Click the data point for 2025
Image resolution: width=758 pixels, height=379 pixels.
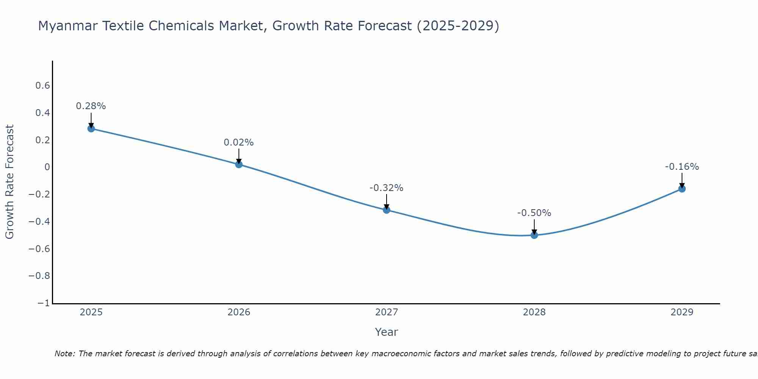click(x=91, y=128)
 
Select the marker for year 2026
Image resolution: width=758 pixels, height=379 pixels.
click(x=239, y=164)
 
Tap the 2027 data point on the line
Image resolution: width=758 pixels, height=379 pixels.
click(x=387, y=210)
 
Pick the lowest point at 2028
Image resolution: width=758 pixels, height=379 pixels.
click(x=534, y=235)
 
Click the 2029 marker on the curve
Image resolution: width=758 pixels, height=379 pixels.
click(x=682, y=189)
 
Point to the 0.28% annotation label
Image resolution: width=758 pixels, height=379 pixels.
click(x=91, y=106)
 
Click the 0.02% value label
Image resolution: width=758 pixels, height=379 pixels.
click(x=239, y=143)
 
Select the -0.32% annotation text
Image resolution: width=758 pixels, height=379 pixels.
click(x=387, y=188)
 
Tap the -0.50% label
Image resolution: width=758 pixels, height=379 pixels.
click(x=534, y=213)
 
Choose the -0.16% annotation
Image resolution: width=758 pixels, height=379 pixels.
click(x=682, y=167)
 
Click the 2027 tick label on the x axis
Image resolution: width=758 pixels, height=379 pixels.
click(x=387, y=312)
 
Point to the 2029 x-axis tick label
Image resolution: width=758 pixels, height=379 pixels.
click(x=682, y=312)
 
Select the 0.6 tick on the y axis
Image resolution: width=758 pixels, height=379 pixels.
click(x=42, y=86)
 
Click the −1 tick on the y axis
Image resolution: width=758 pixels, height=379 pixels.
click(x=44, y=303)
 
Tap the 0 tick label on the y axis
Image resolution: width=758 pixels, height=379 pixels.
click(x=47, y=167)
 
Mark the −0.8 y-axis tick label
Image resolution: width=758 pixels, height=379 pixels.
click(x=39, y=276)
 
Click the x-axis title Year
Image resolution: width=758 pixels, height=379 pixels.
click(x=387, y=332)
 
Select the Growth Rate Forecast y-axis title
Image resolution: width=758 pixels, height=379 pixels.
click(x=10, y=182)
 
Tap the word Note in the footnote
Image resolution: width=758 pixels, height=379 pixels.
click(x=64, y=354)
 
